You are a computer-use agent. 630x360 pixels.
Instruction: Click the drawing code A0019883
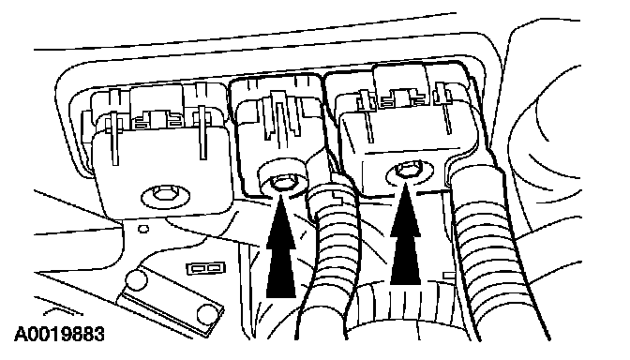tap(59, 334)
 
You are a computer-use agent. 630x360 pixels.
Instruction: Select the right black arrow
tap(405, 234)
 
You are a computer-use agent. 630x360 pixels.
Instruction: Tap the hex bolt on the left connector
tap(165, 194)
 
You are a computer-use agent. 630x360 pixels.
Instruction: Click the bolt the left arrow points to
tap(281, 183)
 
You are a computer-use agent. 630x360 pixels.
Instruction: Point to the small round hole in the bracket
tap(143, 229)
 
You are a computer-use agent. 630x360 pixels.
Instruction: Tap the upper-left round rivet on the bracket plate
tap(136, 279)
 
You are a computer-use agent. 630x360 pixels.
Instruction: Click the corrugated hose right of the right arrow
tap(487, 249)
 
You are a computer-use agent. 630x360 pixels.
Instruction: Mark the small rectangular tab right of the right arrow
tap(448, 276)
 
